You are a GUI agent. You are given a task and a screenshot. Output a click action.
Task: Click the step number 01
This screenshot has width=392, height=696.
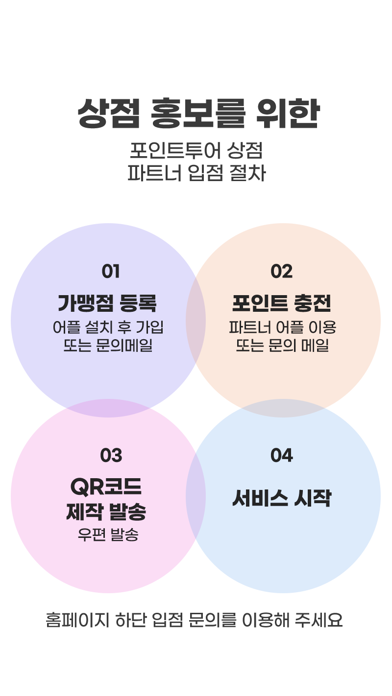[111, 271]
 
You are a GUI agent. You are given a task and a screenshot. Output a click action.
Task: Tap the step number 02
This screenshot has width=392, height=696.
[282, 271]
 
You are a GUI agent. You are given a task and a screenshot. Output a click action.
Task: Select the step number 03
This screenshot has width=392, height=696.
[111, 455]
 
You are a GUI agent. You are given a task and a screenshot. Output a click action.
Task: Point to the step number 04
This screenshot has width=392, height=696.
[282, 455]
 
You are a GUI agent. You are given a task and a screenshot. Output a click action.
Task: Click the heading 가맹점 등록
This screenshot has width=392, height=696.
[107, 303]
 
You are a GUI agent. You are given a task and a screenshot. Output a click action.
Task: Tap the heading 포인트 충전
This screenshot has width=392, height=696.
[282, 303]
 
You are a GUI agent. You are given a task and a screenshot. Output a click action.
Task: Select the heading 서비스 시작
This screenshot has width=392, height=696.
[282, 498]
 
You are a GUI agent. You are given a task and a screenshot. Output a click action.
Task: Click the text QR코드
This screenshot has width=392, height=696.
[106, 487]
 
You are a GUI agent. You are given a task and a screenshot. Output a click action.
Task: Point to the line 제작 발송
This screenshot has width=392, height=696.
[106, 511]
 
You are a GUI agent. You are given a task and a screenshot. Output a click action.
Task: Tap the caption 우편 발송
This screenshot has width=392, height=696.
[108, 534]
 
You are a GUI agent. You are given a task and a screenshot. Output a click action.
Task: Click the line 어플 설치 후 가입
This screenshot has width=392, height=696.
[108, 327]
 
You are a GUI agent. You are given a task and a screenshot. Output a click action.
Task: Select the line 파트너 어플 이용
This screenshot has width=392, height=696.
[283, 327]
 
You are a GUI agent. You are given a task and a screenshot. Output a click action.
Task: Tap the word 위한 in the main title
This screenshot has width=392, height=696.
[288, 113]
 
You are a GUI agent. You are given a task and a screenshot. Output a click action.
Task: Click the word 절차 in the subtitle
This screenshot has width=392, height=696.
[247, 173]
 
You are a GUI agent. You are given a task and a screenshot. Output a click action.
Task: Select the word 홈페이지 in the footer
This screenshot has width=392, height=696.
[77, 620]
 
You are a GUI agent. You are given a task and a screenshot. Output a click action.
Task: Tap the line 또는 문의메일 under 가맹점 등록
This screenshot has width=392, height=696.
[108, 345]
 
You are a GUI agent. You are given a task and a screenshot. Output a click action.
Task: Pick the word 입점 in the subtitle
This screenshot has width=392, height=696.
[206, 173]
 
